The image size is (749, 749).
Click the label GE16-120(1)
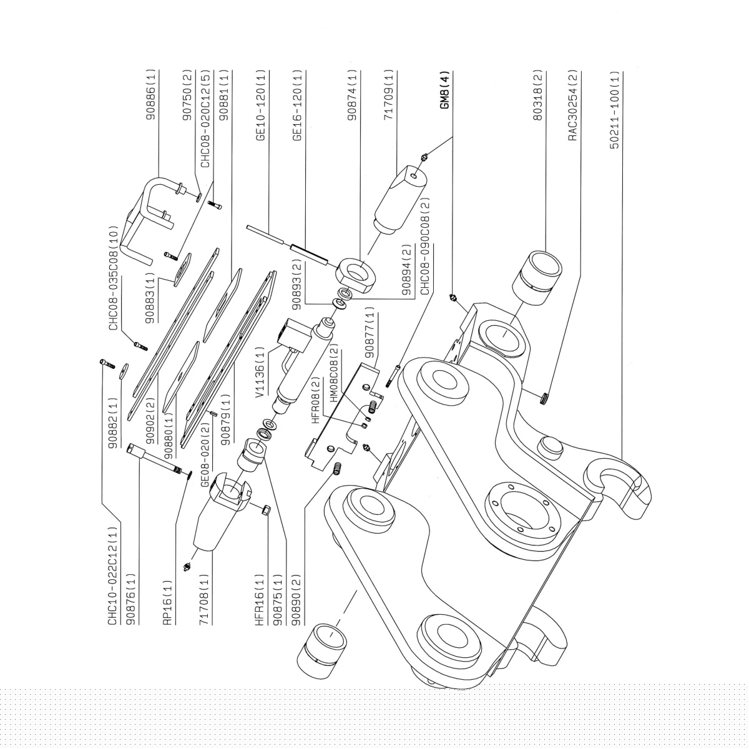click(x=298, y=106)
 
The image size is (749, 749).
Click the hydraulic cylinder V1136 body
click(x=300, y=368)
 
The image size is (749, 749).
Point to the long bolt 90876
click(x=153, y=459)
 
